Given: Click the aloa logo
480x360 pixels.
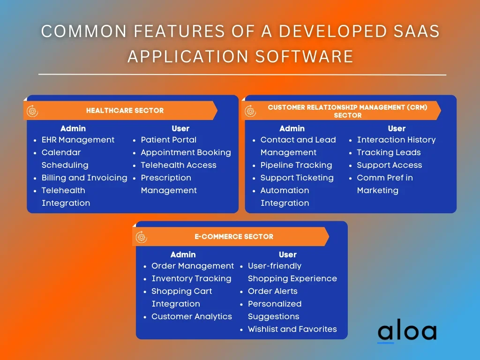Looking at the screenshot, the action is coord(407,330).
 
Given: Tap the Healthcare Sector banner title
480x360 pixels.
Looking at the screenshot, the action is coord(125,111).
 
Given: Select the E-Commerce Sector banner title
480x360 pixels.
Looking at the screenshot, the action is coord(234,237).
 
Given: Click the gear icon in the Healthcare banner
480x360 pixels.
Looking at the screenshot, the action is coord(32,111).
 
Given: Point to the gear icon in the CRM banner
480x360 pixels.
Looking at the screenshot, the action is coord(250,111).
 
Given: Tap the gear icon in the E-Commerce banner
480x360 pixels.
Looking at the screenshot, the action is coord(142,237).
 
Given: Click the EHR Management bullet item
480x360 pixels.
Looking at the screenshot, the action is coord(78,140).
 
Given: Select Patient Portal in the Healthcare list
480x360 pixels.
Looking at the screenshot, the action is coord(169,140).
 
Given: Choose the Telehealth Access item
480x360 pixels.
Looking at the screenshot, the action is coord(179,165).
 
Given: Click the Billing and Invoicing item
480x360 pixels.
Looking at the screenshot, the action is coord(84,178).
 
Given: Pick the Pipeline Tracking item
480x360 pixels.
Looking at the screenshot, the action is coord(296,165).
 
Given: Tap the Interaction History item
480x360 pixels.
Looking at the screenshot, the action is coord(397,140).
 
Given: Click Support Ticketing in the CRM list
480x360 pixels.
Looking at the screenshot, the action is coord(297,178).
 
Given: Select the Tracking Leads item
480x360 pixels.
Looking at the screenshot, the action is coord(389,152).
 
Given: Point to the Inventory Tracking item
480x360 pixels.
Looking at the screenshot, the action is coord(192,278).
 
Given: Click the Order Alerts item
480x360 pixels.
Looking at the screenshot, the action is coord(273,291).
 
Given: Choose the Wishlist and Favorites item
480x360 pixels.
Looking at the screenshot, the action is coord(292,329).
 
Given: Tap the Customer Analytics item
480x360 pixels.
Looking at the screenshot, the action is coord(192,316).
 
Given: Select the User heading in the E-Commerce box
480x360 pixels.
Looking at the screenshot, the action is coord(288,255).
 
